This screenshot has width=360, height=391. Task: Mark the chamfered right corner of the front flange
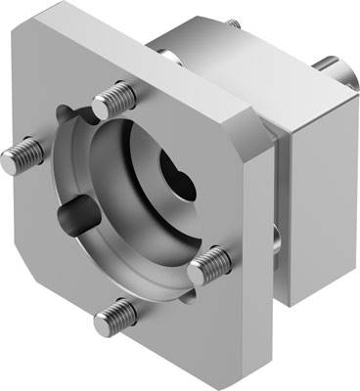point(257,137)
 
